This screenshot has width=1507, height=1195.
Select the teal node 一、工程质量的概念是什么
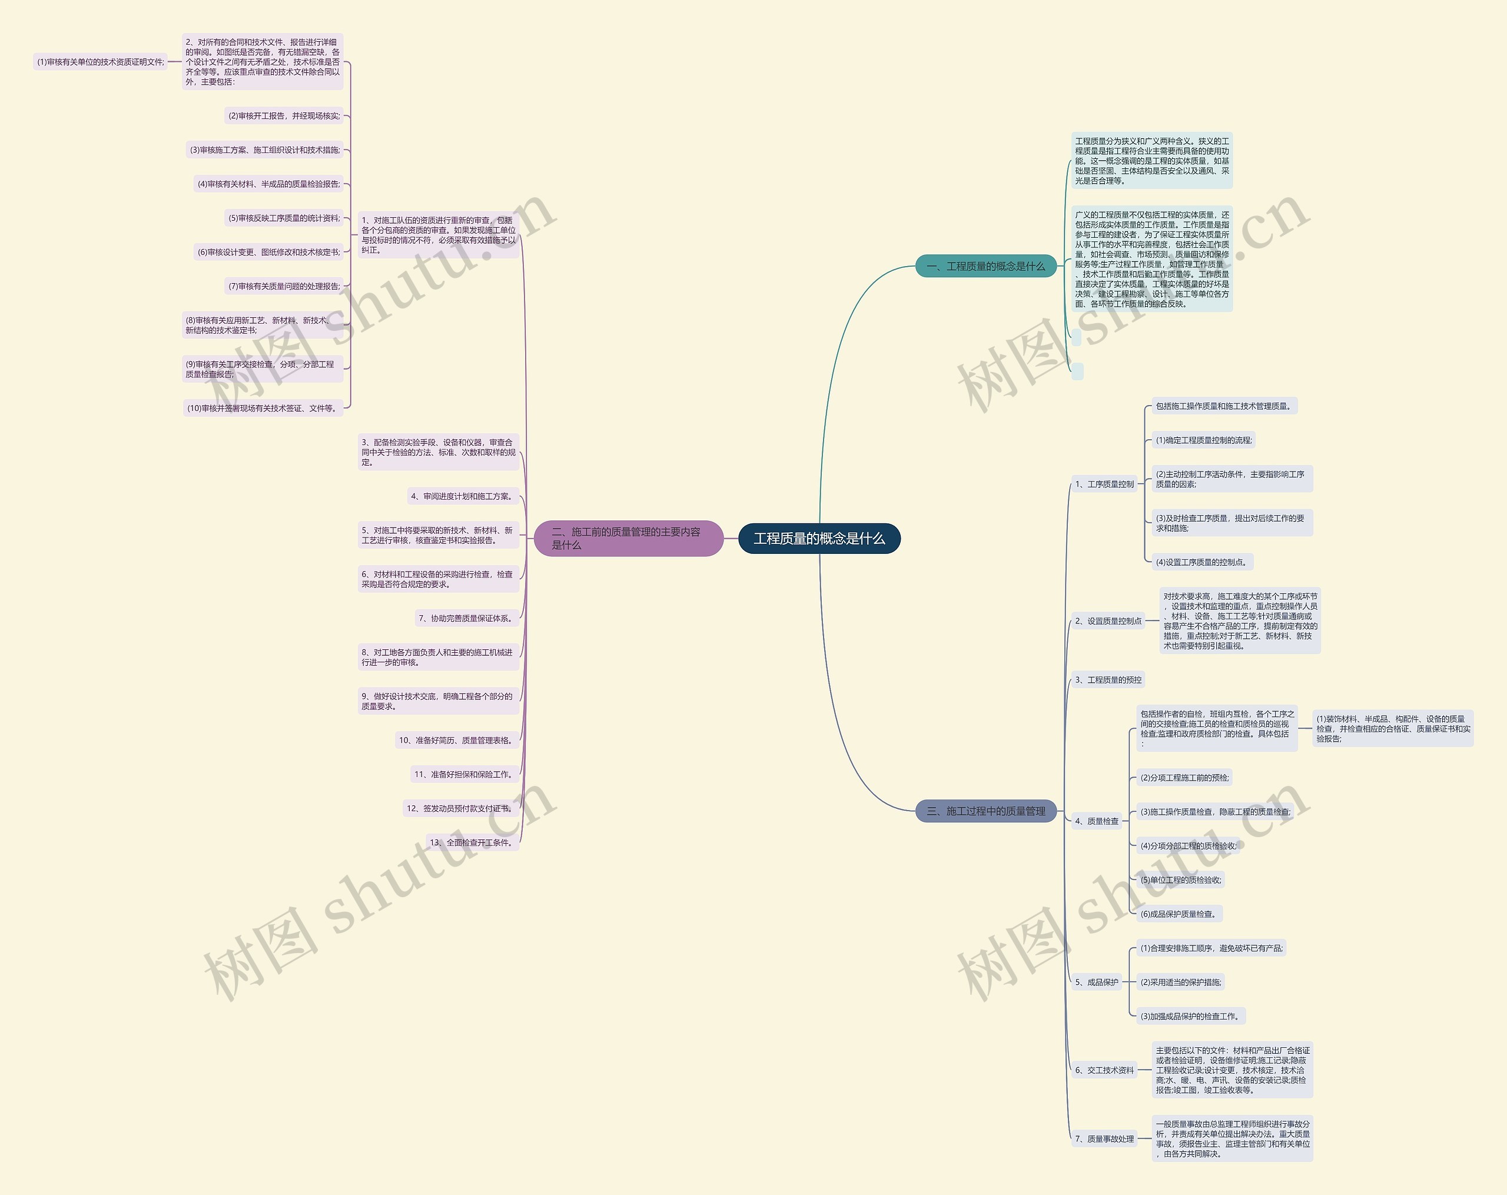985,266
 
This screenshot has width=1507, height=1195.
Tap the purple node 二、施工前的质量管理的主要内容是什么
627,538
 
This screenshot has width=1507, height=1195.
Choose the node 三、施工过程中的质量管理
985,811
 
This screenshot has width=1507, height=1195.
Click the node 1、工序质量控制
1104,484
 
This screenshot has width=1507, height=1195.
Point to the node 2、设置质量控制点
1108,620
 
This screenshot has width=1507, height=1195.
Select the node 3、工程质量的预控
1108,680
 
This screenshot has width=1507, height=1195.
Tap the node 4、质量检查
1097,821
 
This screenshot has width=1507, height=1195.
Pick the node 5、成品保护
1097,982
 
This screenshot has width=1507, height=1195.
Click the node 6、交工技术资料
1104,1070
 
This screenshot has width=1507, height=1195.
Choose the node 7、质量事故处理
1104,1138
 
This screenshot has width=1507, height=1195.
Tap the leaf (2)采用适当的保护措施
1180,982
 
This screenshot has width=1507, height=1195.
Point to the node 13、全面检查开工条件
473,843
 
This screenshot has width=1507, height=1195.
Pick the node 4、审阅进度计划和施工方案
463,496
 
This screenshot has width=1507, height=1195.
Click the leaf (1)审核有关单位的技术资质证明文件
101,62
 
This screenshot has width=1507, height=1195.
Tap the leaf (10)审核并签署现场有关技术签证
263,408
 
